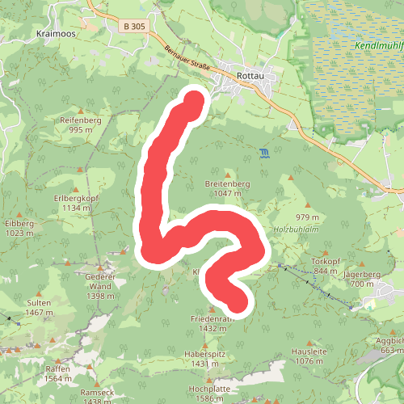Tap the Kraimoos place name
(56, 34)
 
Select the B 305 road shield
(135, 27)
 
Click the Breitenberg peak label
(229, 183)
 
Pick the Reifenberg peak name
(79, 119)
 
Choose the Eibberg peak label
(19, 222)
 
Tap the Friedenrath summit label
(213, 318)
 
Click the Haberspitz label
(204, 354)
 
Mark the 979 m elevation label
(308, 217)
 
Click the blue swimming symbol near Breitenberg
(264, 152)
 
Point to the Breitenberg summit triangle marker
(229, 175)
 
